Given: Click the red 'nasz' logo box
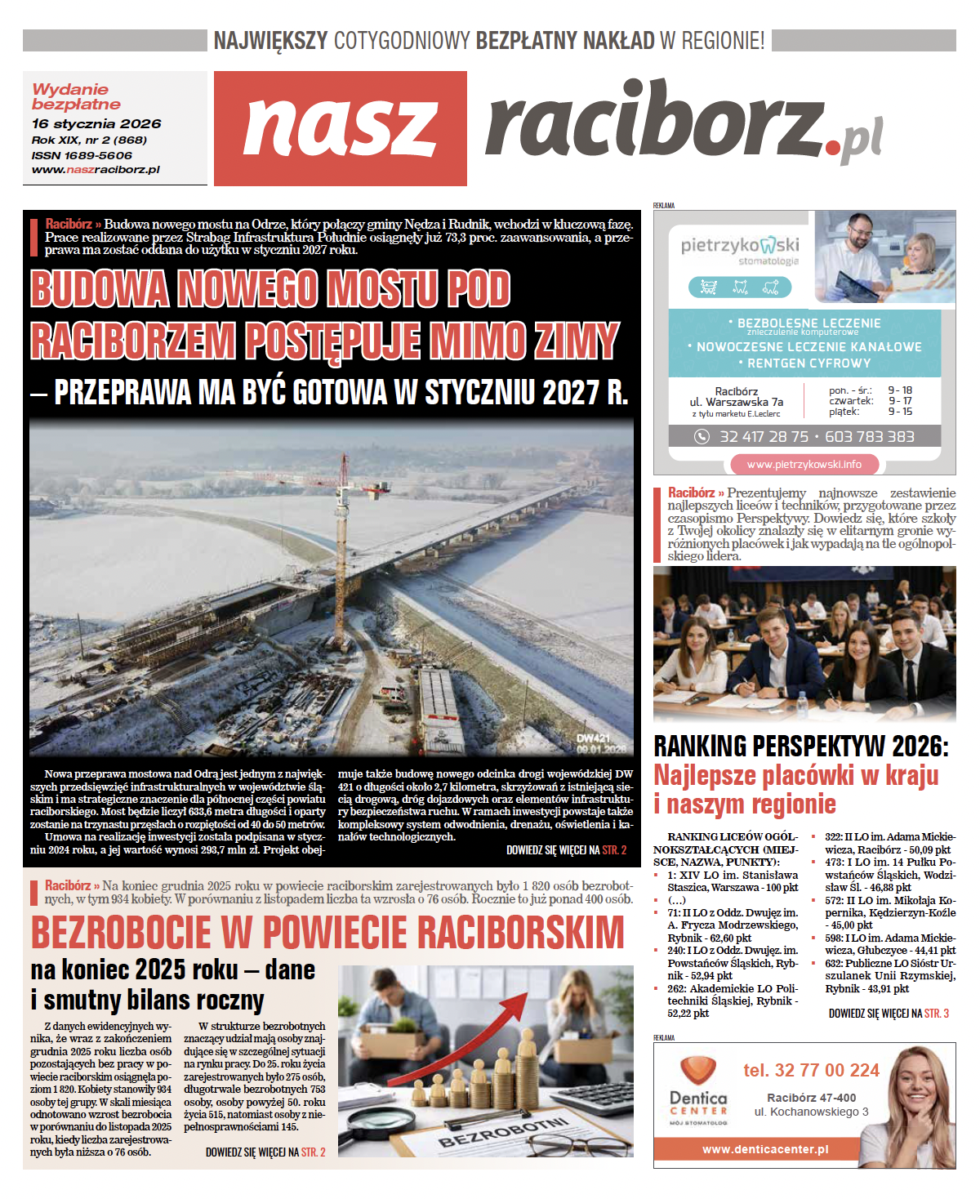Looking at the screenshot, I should point(340,128).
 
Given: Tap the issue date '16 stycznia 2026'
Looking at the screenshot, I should point(96,123).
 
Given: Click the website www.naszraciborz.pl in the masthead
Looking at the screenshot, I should point(96,170).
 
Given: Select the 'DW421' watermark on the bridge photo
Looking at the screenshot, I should point(594,738).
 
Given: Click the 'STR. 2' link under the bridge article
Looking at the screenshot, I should point(614,850).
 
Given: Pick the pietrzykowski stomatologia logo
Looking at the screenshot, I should point(740,251).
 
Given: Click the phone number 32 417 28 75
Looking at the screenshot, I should point(764,437).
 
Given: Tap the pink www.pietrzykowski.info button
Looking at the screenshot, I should point(804,464).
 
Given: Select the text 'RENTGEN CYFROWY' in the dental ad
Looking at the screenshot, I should point(808,363).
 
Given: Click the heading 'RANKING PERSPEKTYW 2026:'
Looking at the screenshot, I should point(800,747).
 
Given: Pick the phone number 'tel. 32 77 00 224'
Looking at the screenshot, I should point(811,1070).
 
